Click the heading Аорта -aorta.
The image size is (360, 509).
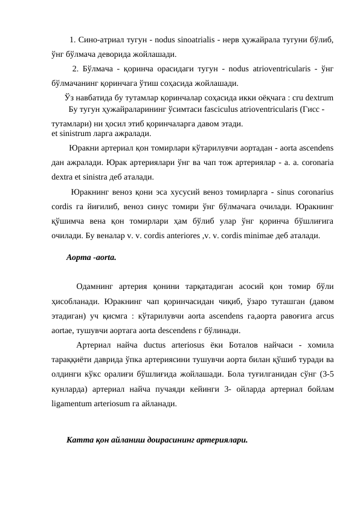point(91,257)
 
